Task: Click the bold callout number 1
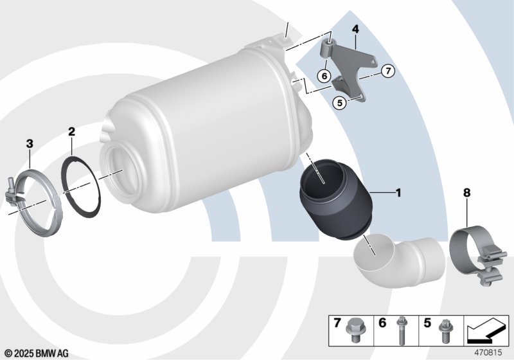(398, 193)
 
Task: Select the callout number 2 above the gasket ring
(71, 132)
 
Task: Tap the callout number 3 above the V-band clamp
(30, 143)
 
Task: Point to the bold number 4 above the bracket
(355, 29)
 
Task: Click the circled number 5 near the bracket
(340, 103)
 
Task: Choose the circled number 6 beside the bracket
(324, 76)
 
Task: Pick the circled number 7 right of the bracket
(388, 71)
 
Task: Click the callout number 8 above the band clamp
(466, 193)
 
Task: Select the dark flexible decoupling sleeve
(335, 200)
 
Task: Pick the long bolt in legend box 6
(400, 330)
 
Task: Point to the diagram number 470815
(488, 353)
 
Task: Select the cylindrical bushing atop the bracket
(327, 48)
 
